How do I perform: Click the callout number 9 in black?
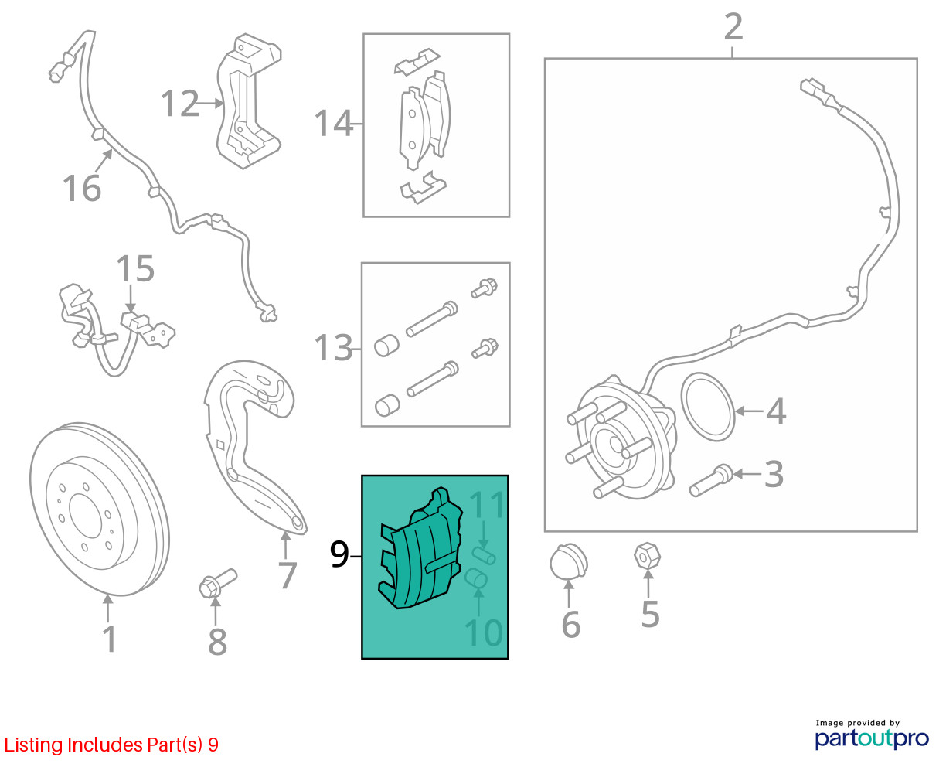(339, 554)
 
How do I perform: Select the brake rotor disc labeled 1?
(100, 509)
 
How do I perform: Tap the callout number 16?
(82, 189)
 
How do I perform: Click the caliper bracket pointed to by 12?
(249, 101)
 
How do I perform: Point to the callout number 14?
(334, 123)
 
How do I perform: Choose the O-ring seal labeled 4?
(708, 407)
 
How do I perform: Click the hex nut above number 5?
(647, 555)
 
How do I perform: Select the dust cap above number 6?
(569, 561)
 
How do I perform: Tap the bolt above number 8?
(218, 582)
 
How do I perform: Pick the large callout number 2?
(733, 26)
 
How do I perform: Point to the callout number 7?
(288, 575)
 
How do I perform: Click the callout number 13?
(334, 347)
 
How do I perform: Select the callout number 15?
(135, 268)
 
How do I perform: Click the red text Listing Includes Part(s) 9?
(111, 745)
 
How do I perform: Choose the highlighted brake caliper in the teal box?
(420, 548)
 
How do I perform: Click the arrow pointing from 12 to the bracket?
(209, 104)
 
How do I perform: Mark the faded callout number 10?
(484, 632)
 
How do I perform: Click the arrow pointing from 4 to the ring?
(749, 411)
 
